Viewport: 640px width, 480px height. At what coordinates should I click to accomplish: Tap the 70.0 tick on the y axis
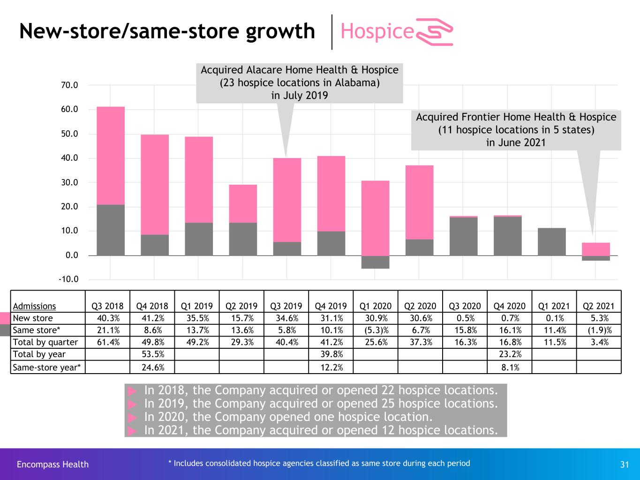[x=69, y=85]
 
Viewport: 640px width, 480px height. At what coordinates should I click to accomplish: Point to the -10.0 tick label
[x=68, y=279]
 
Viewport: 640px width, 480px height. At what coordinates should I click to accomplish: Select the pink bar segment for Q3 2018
[x=111, y=156]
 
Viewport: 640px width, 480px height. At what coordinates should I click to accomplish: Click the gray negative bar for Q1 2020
[x=375, y=262]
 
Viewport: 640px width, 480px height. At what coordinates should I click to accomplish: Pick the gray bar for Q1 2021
[x=552, y=241]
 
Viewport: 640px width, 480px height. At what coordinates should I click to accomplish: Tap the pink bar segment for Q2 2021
[x=595, y=249]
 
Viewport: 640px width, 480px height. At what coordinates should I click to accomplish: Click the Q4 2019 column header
[x=331, y=306]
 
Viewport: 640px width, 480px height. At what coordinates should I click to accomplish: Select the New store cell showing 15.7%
[x=242, y=318]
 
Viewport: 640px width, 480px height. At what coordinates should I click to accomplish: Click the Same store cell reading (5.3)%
[x=376, y=330]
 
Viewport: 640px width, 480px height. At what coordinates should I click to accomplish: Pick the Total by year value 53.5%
[x=153, y=354]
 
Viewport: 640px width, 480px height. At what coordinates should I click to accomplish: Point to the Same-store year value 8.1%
[x=510, y=367]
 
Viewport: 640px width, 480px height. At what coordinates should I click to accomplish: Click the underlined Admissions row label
[x=34, y=306]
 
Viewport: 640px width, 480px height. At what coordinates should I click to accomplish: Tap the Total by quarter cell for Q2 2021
[x=600, y=342]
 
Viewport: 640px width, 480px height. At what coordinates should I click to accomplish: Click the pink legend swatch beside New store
[x=5, y=318]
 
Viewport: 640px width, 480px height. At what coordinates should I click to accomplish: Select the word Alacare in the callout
[x=264, y=70]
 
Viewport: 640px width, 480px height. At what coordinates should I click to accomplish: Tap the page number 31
[x=624, y=464]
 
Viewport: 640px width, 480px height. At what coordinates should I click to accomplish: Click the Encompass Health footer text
[x=53, y=464]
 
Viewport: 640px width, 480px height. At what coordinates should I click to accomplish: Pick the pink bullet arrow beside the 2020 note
[x=132, y=417]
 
